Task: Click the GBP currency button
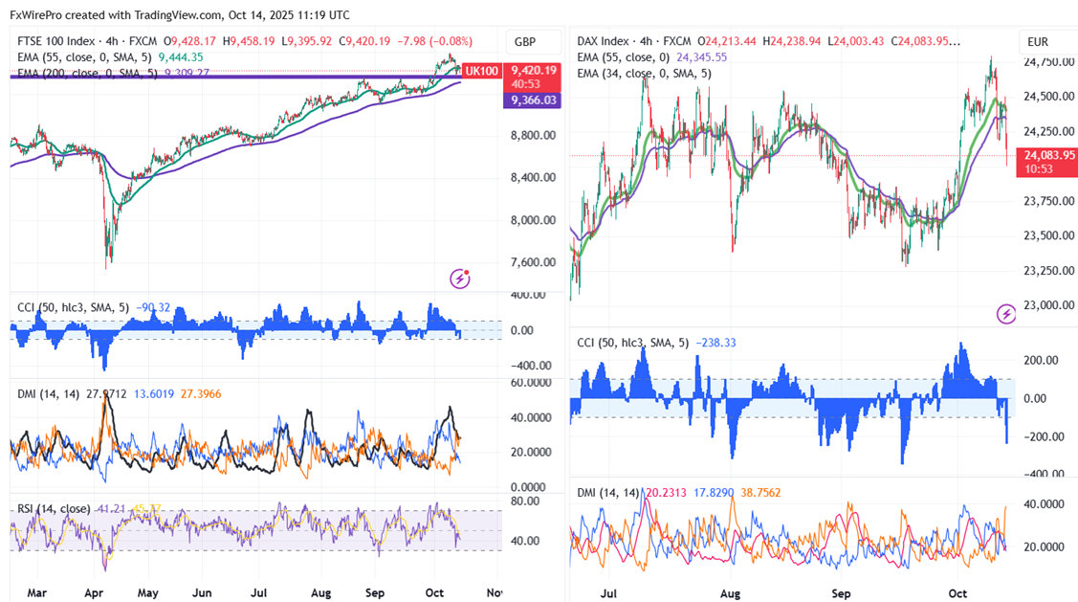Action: tap(525, 42)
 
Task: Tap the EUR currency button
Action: tap(1038, 42)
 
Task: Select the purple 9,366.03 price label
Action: tap(534, 100)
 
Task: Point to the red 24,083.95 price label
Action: tap(1048, 154)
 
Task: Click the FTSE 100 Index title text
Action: tap(56, 42)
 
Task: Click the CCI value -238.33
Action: tap(716, 343)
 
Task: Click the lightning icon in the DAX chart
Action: tap(1005, 314)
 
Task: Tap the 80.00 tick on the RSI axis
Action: tap(525, 501)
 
